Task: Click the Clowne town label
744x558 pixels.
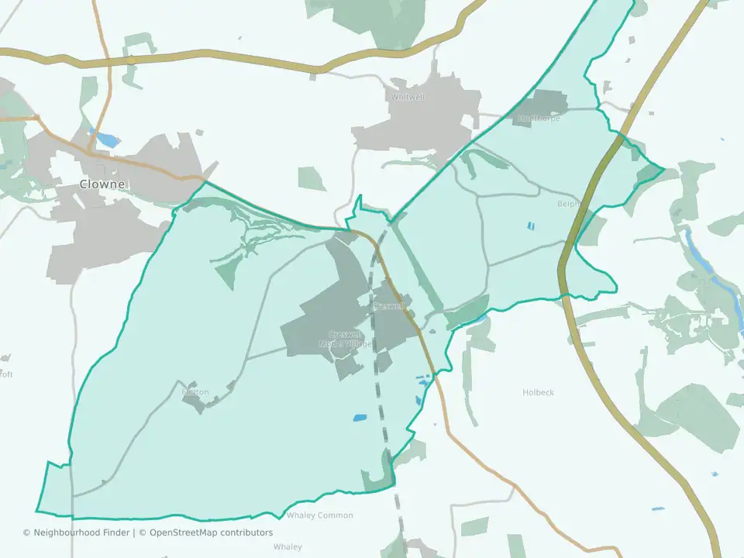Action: [x=102, y=184]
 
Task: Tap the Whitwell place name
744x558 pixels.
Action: [x=408, y=97]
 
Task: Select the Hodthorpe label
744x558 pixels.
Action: [x=538, y=119]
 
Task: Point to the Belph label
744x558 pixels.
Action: [x=568, y=204]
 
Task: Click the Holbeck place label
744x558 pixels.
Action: [x=538, y=393]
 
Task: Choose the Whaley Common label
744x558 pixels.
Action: [x=319, y=515]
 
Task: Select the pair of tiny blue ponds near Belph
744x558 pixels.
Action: [x=531, y=226]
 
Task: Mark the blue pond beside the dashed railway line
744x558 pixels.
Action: [x=360, y=418]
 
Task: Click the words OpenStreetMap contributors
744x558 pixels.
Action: [x=211, y=532]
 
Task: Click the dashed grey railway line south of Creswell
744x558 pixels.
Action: [x=384, y=403]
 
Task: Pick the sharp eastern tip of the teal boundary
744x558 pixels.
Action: [x=663, y=168]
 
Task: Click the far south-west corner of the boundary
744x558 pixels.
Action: [x=37, y=511]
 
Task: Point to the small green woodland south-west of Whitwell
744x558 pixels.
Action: [x=312, y=179]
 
